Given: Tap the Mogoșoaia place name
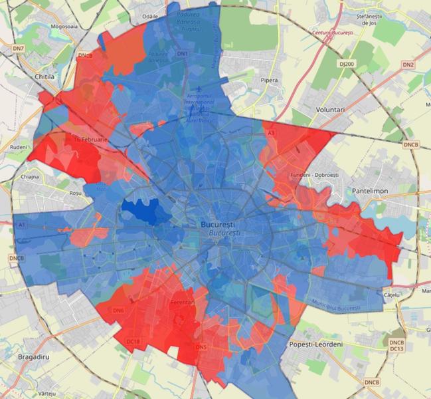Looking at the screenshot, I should coord(57,27).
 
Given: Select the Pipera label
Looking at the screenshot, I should coord(270,80).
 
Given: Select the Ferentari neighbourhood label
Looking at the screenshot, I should coord(183,302).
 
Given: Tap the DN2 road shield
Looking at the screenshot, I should coord(408,65).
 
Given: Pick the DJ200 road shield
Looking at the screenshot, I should coord(345,64).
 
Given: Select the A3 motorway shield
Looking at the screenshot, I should coord(270,133).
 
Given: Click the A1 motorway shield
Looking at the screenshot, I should coord(21,225).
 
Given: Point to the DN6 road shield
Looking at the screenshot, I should coord(119,310).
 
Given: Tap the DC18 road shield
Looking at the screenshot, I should coord(133,341).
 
